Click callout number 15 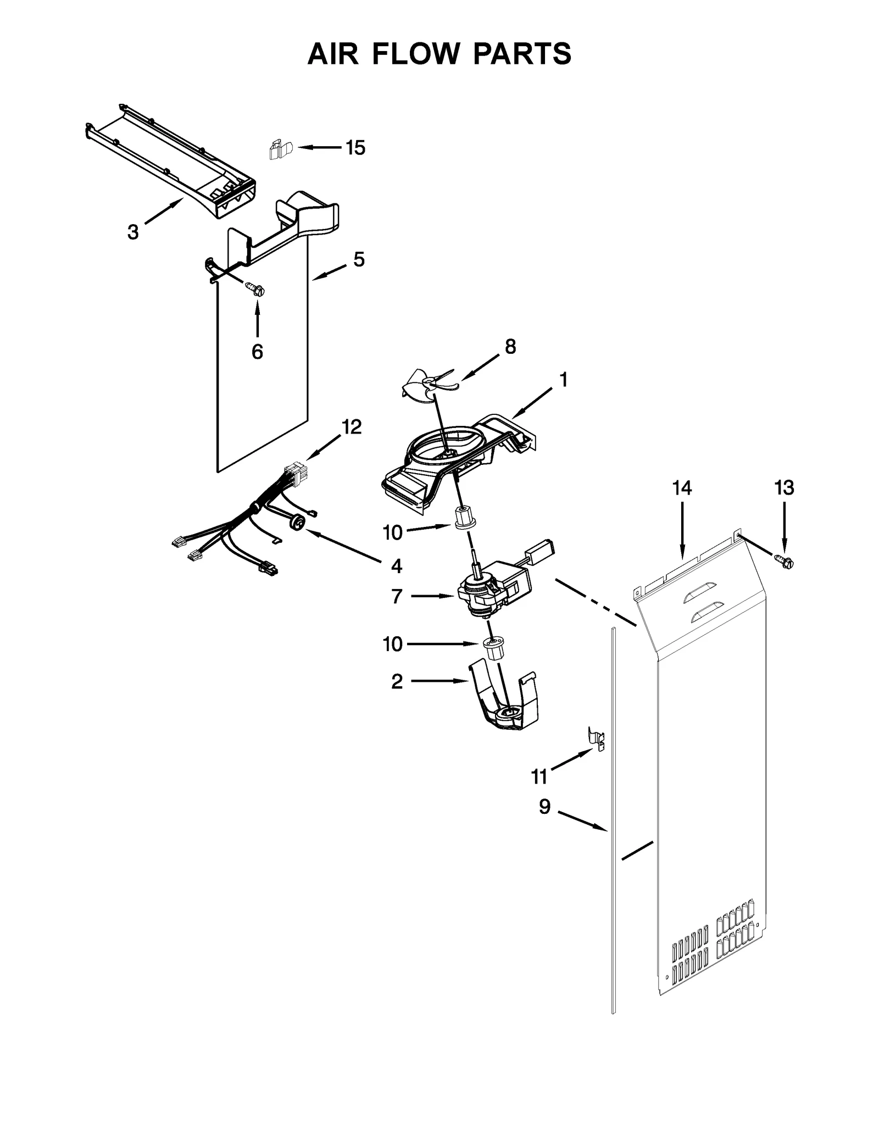point(355,148)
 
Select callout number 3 point(133,232)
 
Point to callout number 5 point(358,259)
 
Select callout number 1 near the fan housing point(563,379)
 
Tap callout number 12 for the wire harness point(352,426)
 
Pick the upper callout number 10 point(392,532)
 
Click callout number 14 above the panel point(682,487)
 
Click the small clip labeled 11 point(596,738)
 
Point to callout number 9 point(544,807)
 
